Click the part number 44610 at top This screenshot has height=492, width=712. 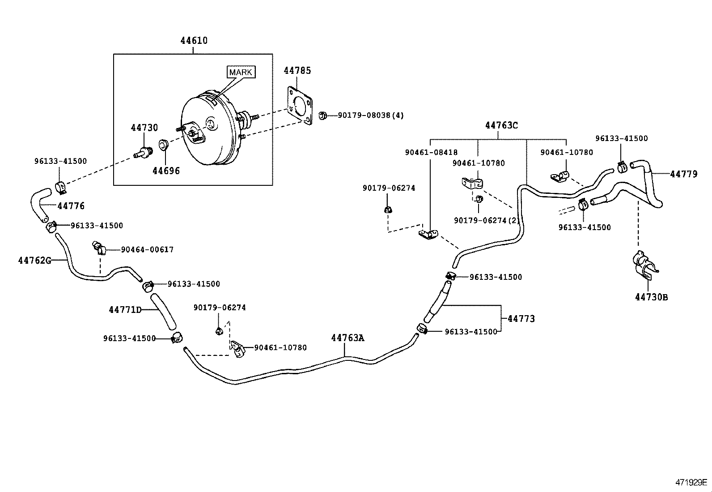[194, 41]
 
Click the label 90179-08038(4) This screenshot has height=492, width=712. [370, 116]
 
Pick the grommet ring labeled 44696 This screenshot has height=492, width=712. [163, 145]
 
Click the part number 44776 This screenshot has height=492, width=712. [71, 206]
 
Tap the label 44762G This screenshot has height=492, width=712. [34, 260]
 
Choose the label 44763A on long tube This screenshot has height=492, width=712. [348, 338]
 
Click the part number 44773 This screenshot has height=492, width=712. [521, 319]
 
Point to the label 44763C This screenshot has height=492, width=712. [501, 126]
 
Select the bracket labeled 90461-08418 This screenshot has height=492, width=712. [428, 234]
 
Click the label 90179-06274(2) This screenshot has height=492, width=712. [487, 220]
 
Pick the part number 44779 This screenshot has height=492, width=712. [683, 174]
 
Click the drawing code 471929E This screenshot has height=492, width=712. [691, 482]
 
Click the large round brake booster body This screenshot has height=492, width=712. [208, 130]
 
